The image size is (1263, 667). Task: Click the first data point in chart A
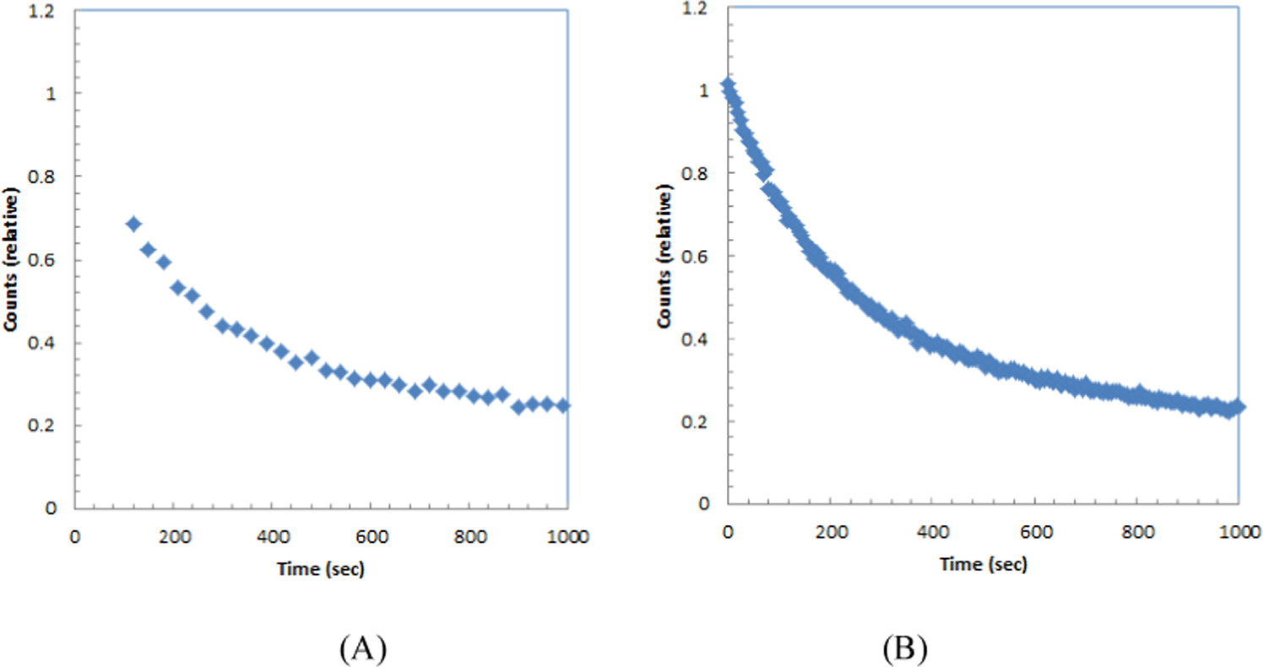click(x=133, y=224)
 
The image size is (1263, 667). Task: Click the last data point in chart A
click(x=563, y=405)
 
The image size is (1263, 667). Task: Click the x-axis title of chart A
click(x=321, y=570)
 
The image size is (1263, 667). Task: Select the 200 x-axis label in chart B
click(x=830, y=533)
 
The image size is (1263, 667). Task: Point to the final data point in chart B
click(x=1238, y=407)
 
